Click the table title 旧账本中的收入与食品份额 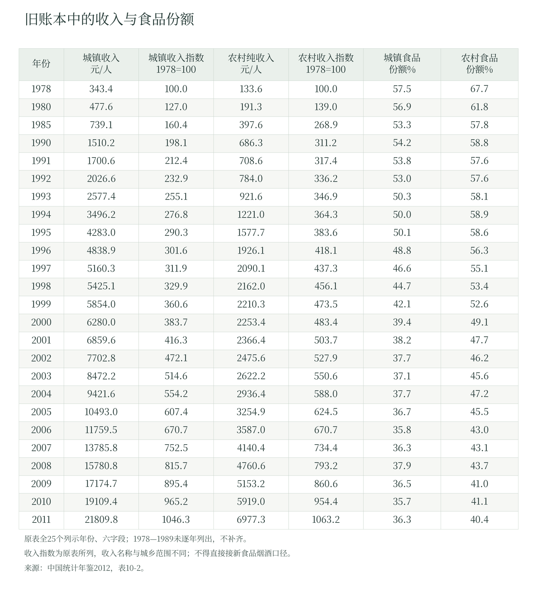click(x=109, y=19)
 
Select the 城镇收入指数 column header click(x=176, y=63)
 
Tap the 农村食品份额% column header click(x=479, y=63)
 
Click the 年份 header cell click(x=41, y=63)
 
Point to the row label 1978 click(x=41, y=89)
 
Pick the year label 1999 click(x=41, y=304)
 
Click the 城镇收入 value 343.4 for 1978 click(x=101, y=89)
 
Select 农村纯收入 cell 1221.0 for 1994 click(x=251, y=215)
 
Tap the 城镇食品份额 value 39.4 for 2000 click(x=402, y=322)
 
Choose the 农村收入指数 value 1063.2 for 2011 click(x=326, y=520)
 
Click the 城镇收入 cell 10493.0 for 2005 click(x=101, y=412)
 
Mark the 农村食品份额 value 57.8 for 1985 click(x=479, y=125)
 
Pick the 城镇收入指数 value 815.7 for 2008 click(x=176, y=466)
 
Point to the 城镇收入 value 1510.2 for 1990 click(x=101, y=143)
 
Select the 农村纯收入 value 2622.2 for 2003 click(x=251, y=376)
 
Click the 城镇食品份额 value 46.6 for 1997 click(x=402, y=269)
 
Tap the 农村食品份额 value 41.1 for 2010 click(x=479, y=502)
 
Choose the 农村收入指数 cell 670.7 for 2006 click(x=326, y=430)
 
